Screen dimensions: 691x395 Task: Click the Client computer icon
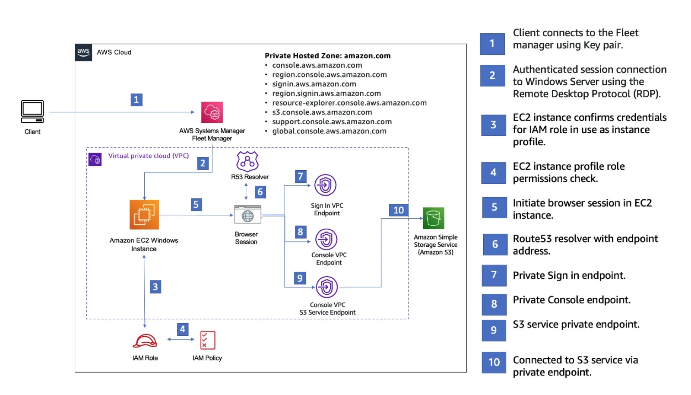32,111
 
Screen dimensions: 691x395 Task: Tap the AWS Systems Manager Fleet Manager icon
212,112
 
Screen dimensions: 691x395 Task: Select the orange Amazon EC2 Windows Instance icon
144,214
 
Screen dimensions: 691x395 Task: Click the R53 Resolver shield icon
247,161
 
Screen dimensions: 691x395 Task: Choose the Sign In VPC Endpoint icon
325,185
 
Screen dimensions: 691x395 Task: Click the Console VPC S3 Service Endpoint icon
326,287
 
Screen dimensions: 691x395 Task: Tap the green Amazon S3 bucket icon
434,218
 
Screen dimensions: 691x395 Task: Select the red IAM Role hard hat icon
145,341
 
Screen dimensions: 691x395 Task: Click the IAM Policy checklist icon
208,340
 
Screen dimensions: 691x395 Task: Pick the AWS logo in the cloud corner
83,52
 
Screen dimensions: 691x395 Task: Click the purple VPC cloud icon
95,159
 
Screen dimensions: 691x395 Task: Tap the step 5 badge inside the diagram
196,204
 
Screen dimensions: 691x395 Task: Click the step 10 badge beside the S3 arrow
399,210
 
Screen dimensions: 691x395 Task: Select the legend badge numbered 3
493,125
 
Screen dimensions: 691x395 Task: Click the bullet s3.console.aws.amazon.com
322,112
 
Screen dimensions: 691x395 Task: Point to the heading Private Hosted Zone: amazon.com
328,56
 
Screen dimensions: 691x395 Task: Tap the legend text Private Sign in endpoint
569,275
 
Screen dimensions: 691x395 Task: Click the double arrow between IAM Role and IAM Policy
181,339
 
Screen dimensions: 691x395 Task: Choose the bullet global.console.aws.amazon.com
329,131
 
